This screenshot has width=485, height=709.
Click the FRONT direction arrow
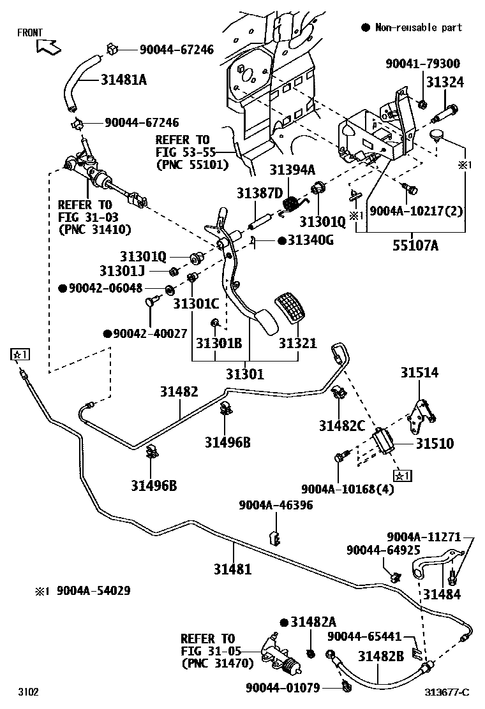(x=47, y=46)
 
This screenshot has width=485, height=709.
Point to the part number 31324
(x=445, y=82)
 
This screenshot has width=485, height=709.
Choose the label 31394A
(x=292, y=170)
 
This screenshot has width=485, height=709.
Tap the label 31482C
(x=342, y=425)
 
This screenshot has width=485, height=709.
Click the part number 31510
(x=435, y=444)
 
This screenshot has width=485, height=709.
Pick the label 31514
(x=419, y=372)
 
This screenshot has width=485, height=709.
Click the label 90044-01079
(x=283, y=687)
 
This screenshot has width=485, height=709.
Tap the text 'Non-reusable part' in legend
(x=418, y=27)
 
